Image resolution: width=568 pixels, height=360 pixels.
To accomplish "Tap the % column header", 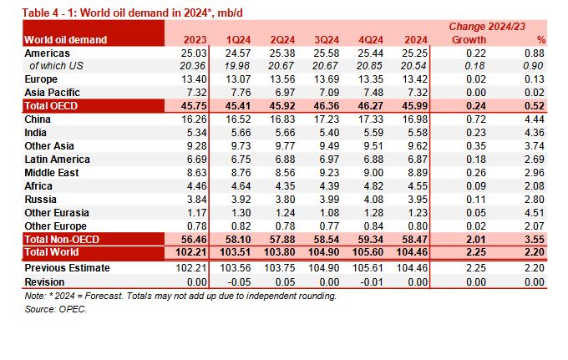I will [x=540, y=39].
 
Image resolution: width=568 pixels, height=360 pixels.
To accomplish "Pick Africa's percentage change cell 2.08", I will [x=535, y=185].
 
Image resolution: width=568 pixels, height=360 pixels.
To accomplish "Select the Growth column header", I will [x=469, y=39].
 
